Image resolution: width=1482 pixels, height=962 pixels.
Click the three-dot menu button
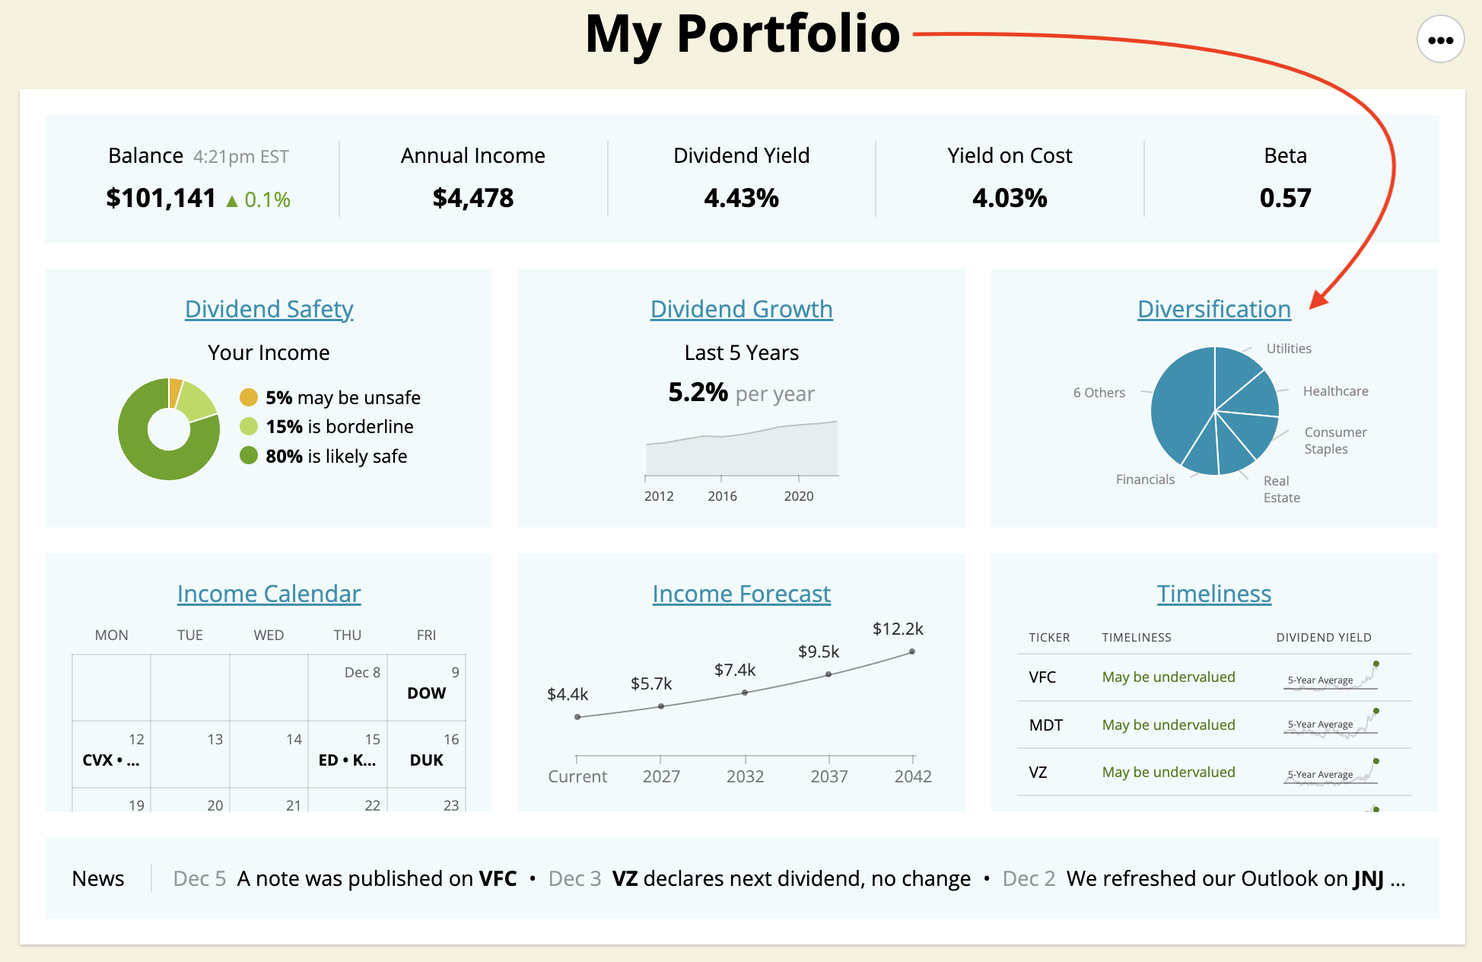(1440, 40)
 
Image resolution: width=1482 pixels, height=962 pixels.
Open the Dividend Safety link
(269, 309)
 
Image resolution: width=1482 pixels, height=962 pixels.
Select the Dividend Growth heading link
(741, 309)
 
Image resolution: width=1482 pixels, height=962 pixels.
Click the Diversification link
(1213, 309)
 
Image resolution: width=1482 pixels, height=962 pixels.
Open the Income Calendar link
(269, 594)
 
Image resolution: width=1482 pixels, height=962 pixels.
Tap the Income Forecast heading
(741, 594)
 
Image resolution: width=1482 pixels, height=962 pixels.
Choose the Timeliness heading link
(1213, 594)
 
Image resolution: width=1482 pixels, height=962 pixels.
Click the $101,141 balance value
(161, 199)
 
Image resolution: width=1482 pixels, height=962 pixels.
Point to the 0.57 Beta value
(1285, 199)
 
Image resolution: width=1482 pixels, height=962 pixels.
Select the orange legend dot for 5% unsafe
(249, 397)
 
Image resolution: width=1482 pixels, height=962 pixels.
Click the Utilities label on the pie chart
(1289, 349)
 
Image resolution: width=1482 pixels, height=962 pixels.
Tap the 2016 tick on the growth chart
(722, 496)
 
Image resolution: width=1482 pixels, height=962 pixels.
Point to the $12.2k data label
(898, 629)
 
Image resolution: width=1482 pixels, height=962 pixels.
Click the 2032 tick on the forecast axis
(745, 776)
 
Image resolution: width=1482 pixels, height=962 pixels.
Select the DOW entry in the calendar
(426, 693)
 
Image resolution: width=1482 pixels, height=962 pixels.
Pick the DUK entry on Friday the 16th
(426, 760)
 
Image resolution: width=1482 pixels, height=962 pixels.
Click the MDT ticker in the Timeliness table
(1045, 725)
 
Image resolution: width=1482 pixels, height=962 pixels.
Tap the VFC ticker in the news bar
(498, 879)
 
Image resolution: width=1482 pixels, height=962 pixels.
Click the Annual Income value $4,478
(473, 199)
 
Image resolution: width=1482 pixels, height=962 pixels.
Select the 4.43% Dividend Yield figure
(741, 199)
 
